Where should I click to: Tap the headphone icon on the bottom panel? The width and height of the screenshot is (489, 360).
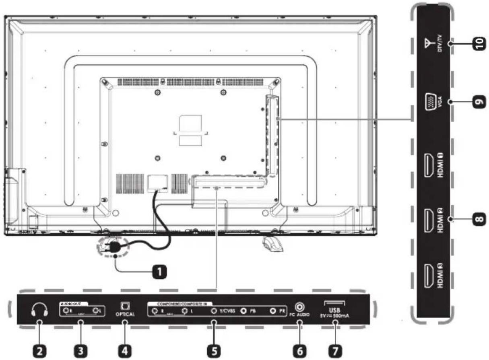(x=39, y=309)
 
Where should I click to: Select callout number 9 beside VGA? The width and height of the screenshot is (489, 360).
(x=478, y=103)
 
